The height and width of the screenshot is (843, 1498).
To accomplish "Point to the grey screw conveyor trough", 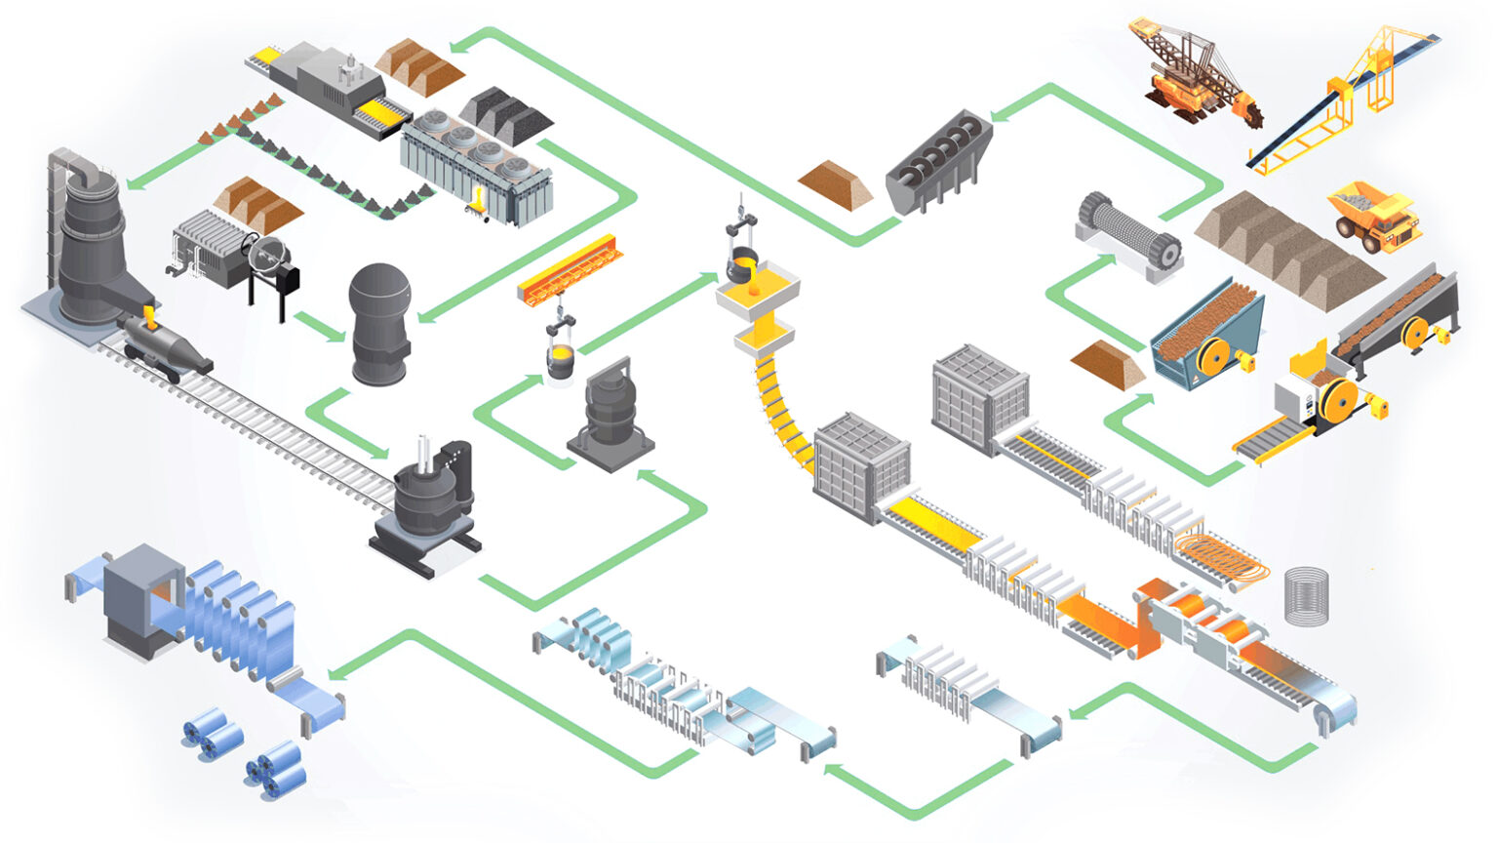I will (x=938, y=161).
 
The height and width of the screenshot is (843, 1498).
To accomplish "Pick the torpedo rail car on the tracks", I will (x=166, y=346).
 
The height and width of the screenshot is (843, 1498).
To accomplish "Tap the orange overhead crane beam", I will (x=571, y=268).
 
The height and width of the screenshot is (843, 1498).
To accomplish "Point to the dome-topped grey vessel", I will (x=380, y=322).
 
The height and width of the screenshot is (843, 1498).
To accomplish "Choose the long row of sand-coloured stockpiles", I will (x=1287, y=249).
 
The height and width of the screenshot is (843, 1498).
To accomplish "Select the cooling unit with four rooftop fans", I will (x=478, y=171).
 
